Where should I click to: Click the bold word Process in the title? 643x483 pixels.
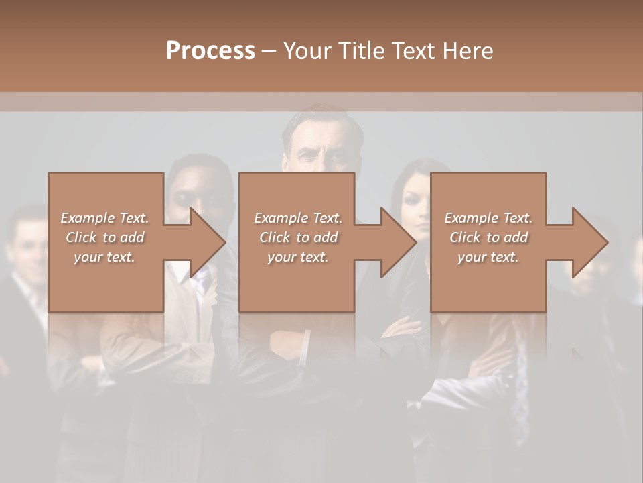pyautogui.click(x=210, y=51)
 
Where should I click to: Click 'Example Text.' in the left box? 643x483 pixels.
pyautogui.click(x=104, y=218)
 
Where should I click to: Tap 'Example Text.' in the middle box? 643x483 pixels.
pyautogui.click(x=297, y=218)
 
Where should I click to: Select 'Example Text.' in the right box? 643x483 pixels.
pyautogui.click(x=488, y=218)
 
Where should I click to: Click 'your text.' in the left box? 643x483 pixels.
pyautogui.click(x=104, y=257)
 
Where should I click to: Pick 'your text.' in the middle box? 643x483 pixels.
pyautogui.click(x=297, y=257)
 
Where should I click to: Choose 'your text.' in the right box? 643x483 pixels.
pyautogui.click(x=488, y=257)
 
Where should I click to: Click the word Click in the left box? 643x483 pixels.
pyautogui.click(x=81, y=237)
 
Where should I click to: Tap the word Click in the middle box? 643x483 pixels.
pyautogui.click(x=275, y=237)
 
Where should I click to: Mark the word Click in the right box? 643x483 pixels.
pyautogui.click(x=465, y=237)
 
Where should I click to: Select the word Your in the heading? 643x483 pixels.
pyautogui.click(x=307, y=51)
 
